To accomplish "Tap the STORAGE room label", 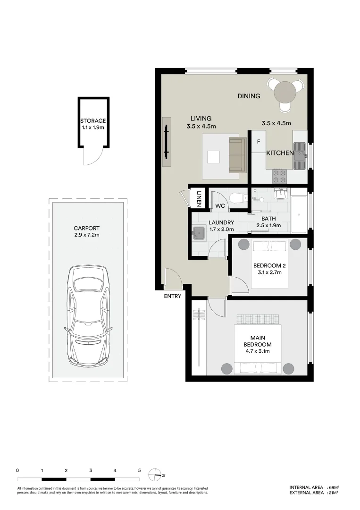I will pyautogui.click(x=92, y=121).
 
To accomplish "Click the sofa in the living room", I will pyautogui.click(x=237, y=155).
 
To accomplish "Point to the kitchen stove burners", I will pyautogui.click(x=279, y=176).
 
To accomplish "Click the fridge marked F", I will pyautogui.click(x=259, y=142).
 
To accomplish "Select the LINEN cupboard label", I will pyautogui.click(x=199, y=198).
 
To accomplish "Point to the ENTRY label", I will pyautogui.click(x=172, y=296).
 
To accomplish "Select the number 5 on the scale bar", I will pyautogui.click(x=139, y=470).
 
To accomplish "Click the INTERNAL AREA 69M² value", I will pyautogui.click(x=334, y=487).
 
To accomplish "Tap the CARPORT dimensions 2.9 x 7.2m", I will pyautogui.click(x=88, y=235).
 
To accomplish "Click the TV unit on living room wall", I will pyautogui.click(x=167, y=142).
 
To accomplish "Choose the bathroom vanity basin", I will pyautogui.click(x=281, y=193).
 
